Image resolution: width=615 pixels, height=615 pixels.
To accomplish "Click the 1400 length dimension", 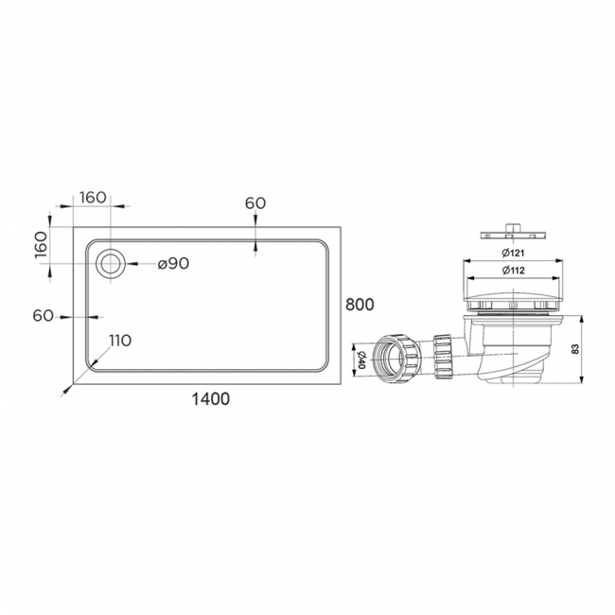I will click(209, 399).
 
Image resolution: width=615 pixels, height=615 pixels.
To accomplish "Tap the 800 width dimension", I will click(360, 305).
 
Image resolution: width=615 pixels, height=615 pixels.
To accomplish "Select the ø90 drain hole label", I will click(173, 264).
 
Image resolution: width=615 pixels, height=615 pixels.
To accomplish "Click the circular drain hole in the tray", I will click(111, 264).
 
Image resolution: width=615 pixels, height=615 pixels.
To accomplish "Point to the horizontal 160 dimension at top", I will click(92, 198).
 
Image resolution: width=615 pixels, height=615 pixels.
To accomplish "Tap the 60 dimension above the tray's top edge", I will click(255, 202).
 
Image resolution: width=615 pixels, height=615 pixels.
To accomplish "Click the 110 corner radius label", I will click(119, 341).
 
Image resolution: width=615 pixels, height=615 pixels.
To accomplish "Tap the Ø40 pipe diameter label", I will click(360, 360).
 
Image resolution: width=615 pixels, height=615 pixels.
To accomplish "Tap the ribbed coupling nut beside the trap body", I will click(443, 356).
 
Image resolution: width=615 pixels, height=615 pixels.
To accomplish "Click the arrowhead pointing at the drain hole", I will click(130, 264).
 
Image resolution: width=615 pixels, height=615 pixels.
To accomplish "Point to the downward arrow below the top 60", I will click(255, 248).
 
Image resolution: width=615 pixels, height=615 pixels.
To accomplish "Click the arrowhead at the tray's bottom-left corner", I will click(75, 384).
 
